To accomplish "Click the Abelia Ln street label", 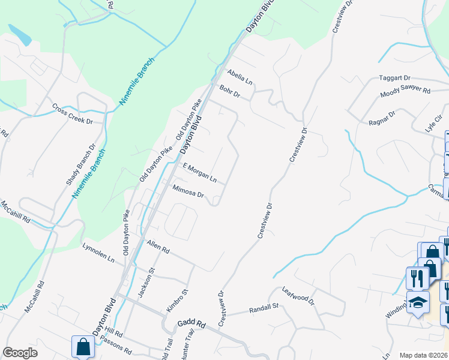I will pyautogui.click(x=240, y=76).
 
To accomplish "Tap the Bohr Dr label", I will pyautogui.click(x=229, y=92).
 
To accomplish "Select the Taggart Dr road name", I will pyautogui.click(x=394, y=78).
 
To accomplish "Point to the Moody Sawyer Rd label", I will pyautogui.click(x=405, y=92).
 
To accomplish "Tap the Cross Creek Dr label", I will pyautogui.click(x=73, y=113).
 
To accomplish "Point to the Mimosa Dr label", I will pyautogui.click(x=188, y=191).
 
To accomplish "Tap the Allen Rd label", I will pyautogui.click(x=158, y=245).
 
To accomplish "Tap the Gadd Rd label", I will pyautogui.click(x=191, y=324).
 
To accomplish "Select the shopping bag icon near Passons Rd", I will pyautogui.click(x=82, y=347).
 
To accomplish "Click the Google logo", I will pyautogui.click(x=20, y=352).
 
